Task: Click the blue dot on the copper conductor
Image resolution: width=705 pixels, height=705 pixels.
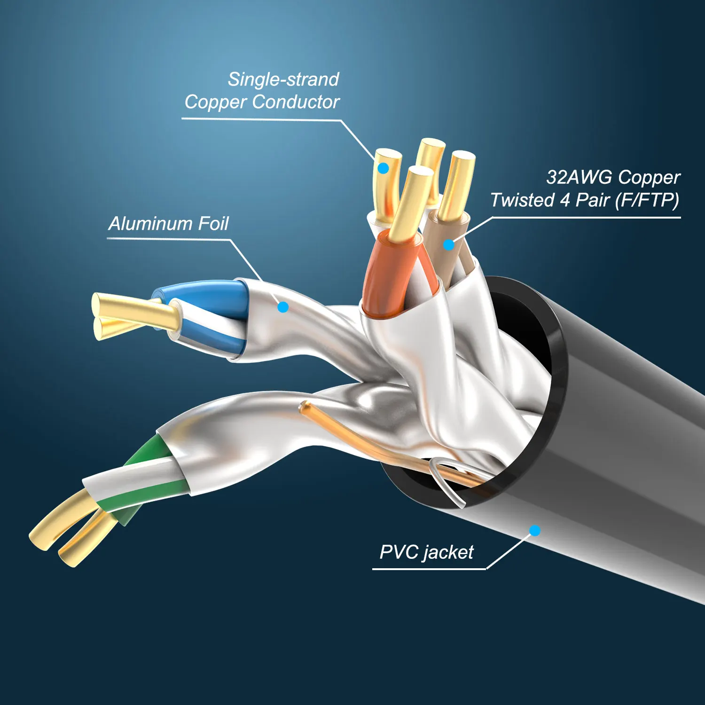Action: click(384, 168)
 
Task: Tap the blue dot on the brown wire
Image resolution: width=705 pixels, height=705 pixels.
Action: click(449, 244)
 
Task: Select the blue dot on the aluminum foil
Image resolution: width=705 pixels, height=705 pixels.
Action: click(283, 307)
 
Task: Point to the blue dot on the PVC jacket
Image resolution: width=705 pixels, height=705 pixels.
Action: click(535, 531)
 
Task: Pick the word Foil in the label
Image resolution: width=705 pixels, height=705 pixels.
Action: click(213, 224)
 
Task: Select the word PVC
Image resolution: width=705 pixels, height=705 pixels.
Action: click(399, 552)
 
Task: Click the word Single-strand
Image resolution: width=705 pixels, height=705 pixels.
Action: click(283, 79)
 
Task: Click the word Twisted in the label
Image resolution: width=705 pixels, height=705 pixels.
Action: click(522, 200)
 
